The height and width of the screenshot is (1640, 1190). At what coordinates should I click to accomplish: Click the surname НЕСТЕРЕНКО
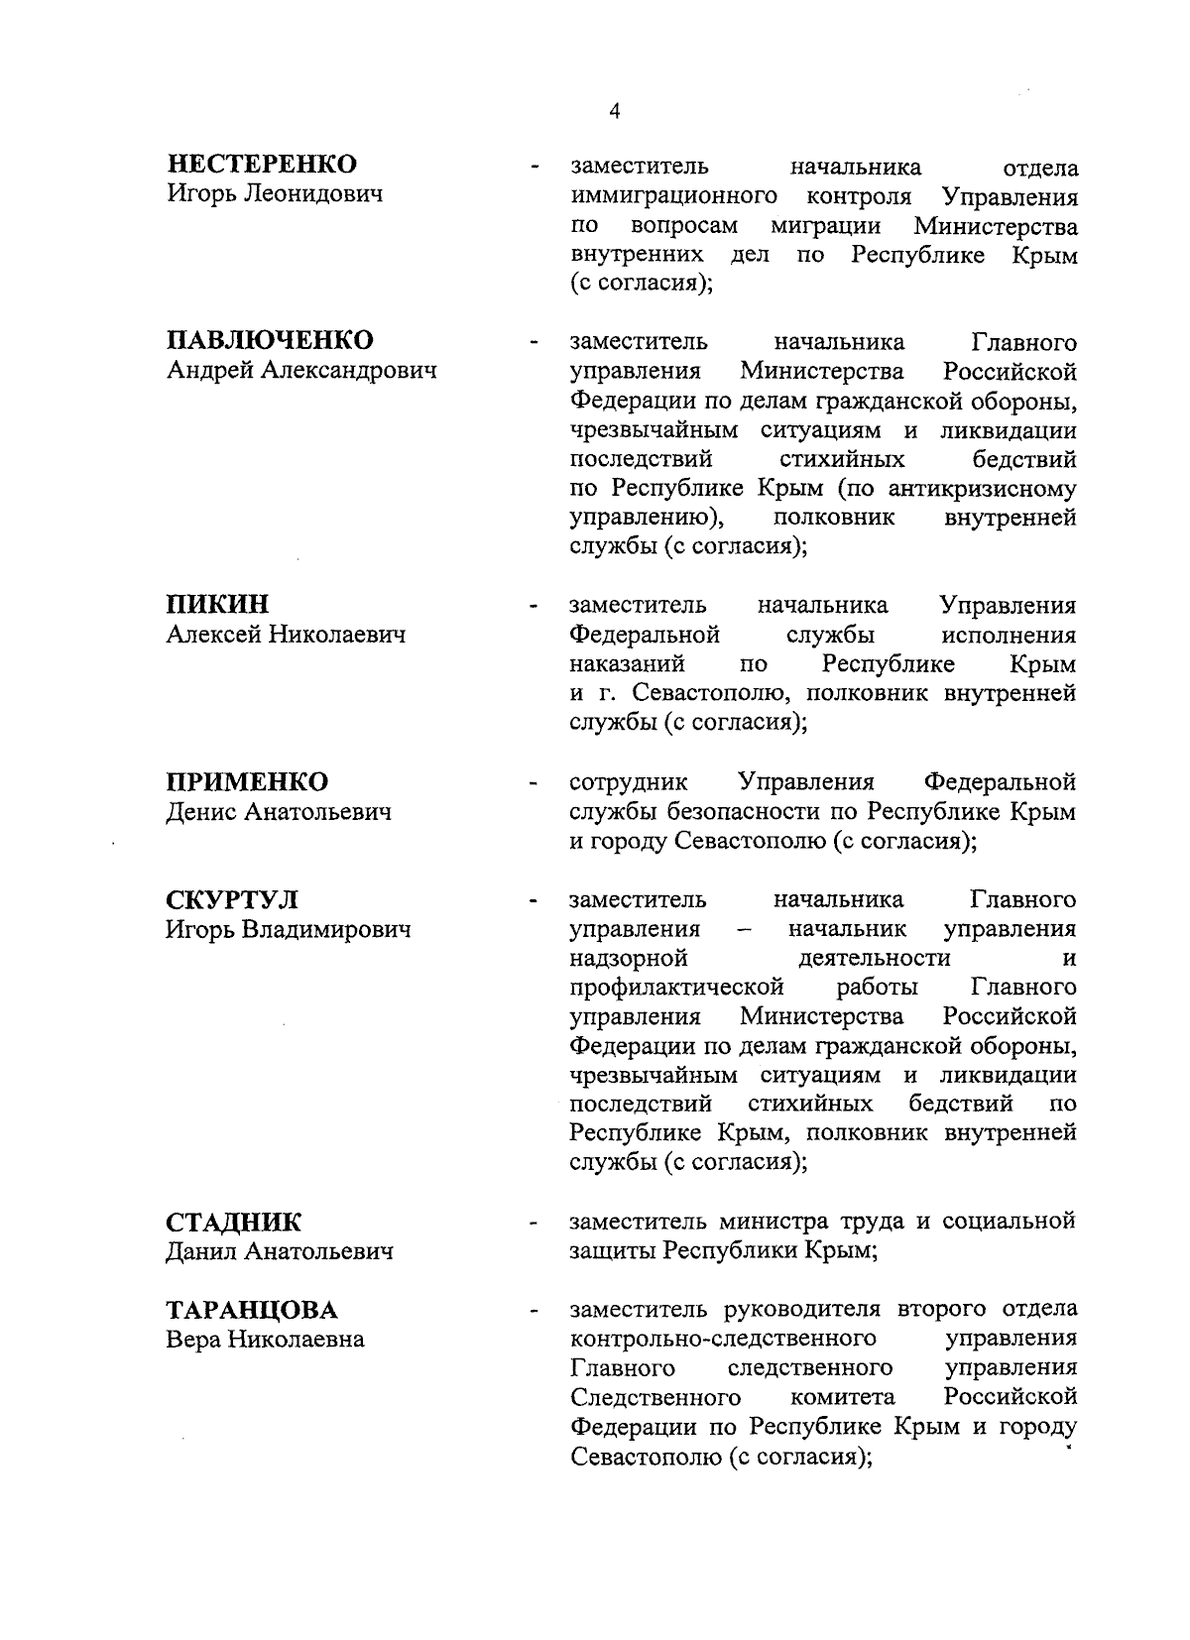click(261, 164)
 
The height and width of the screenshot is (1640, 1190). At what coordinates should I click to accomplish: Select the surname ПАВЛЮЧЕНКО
click(269, 340)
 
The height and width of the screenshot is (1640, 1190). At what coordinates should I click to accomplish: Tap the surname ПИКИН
click(216, 605)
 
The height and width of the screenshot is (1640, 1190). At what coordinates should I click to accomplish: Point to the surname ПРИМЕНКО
click(246, 782)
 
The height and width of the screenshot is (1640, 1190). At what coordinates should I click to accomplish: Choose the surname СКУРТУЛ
click(231, 900)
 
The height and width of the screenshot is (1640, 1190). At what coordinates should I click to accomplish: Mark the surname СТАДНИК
click(233, 1223)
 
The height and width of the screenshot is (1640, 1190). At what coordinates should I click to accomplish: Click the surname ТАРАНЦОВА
click(251, 1311)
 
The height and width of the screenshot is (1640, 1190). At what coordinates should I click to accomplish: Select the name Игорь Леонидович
click(274, 193)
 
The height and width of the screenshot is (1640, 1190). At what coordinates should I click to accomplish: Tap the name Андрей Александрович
click(300, 370)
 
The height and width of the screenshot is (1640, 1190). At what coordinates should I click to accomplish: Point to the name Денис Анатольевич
click(278, 812)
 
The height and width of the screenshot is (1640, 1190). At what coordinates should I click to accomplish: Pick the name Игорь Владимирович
click(288, 930)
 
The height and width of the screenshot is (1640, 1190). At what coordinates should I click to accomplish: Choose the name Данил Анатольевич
click(279, 1252)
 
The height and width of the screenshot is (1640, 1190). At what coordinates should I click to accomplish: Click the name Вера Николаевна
click(264, 1341)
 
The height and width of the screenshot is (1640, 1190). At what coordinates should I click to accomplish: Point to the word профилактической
click(676, 988)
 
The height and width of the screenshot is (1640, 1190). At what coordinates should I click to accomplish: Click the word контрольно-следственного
click(723, 1339)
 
